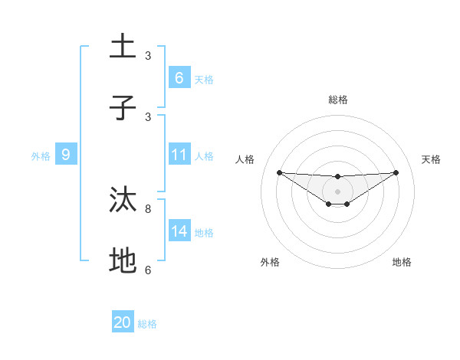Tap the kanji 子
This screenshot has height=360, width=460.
tap(123, 108)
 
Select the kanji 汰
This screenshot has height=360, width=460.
tap(123, 200)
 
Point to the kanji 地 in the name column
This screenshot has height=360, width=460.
tap(123, 261)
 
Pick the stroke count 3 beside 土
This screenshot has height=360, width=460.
tap(148, 56)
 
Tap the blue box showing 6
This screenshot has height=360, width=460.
tap(179, 77)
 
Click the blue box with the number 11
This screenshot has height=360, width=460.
tap(179, 155)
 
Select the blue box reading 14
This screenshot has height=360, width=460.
tap(179, 231)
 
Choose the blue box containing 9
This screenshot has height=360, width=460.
tap(66, 155)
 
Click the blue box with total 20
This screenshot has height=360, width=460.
tap(123, 322)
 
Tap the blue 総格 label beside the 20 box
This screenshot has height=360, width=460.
tap(147, 324)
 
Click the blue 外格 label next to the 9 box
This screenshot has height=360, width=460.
tap(41, 156)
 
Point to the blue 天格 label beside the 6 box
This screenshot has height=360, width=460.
tap(204, 79)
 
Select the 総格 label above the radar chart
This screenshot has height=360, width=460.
tap(338, 100)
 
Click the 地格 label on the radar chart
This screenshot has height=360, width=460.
tap(402, 262)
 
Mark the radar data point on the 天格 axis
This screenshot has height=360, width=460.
tap(396, 172)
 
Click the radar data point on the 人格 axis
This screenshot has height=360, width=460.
tap(279, 172)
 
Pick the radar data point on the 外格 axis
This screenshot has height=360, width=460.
tap(329, 204)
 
